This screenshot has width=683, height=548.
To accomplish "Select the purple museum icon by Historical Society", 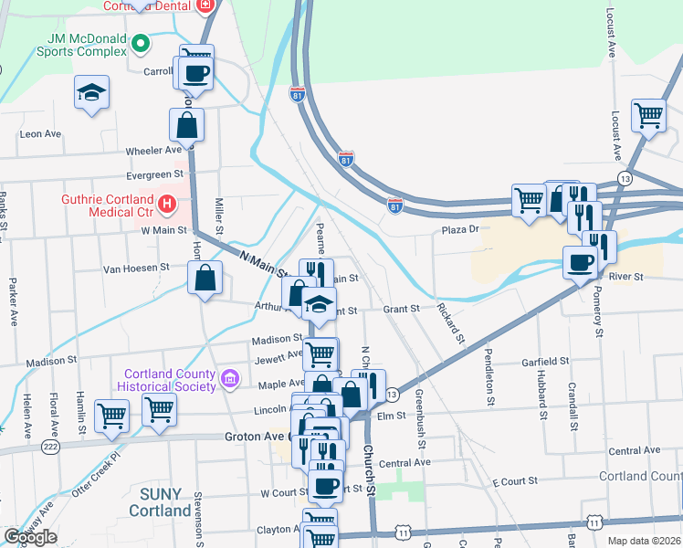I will click(229, 376).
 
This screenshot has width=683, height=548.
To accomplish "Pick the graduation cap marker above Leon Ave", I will click(90, 94).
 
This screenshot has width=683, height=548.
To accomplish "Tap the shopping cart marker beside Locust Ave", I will click(648, 116).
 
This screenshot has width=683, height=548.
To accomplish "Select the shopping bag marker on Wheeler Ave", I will click(186, 126).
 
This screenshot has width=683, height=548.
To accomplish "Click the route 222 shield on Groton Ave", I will click(48, 447).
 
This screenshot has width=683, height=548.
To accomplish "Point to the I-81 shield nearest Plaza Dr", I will click(394, 206).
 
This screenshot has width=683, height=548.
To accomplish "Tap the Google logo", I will click(30, 537).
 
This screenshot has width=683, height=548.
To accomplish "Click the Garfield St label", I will click(545, 362).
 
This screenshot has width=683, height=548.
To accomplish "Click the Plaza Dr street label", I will click(461, 230).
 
